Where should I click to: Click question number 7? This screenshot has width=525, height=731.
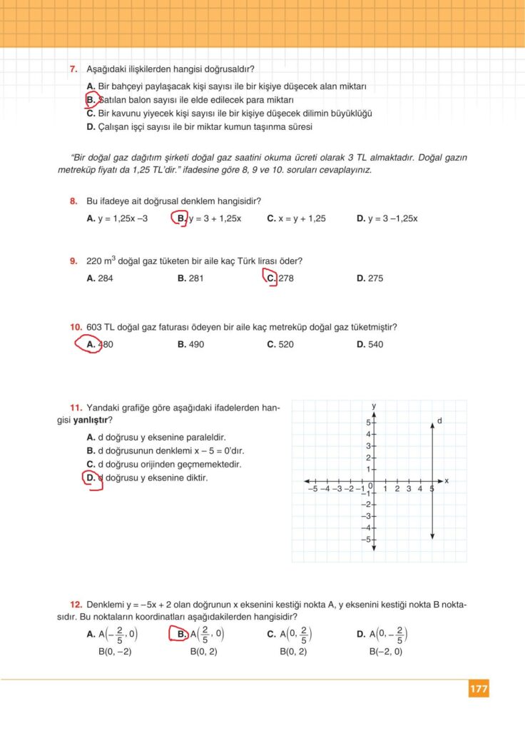click(73, 69)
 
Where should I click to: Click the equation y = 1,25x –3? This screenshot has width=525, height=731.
click(122, 218)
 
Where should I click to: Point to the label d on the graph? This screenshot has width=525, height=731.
click(440, 421)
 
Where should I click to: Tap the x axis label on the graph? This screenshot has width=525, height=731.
click(447, 481)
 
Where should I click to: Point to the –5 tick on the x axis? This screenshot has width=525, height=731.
click(312, 489)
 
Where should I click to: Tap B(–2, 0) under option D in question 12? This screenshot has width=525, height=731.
click(386, 651)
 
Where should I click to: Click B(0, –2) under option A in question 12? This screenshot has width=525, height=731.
click(115, 651)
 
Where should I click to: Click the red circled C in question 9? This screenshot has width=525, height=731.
click(270, 278)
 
